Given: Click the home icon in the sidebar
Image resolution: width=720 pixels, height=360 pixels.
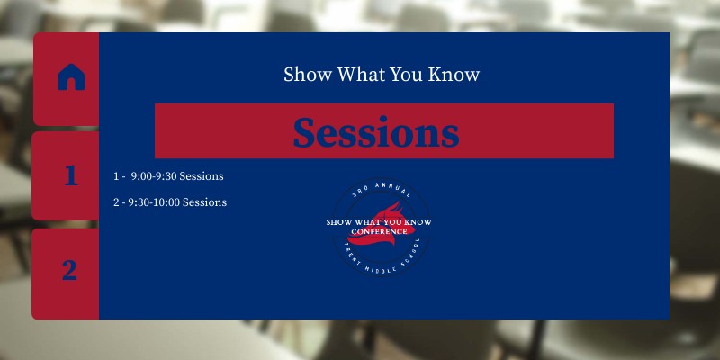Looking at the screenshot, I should coord(70,78).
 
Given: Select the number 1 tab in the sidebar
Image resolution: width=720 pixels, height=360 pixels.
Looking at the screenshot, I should coord(70,175).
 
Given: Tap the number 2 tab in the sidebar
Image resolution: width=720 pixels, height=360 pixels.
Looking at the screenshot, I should coord(69,270).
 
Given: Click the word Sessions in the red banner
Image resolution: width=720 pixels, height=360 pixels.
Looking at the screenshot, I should coord(375,132).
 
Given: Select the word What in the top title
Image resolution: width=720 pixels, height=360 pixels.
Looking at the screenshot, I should coord(361,75).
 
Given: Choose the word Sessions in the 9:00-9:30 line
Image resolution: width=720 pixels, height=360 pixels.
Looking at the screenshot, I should coord(202,176).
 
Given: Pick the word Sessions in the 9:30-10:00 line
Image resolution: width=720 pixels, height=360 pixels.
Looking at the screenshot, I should coord(205,202).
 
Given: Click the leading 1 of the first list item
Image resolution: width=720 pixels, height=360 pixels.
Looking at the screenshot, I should coord(117,176).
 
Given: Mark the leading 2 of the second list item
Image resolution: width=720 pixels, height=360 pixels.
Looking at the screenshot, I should coord(117,202).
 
